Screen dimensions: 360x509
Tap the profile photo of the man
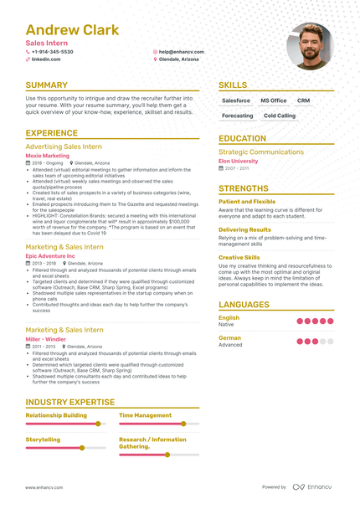pos(309,45)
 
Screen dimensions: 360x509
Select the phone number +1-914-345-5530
pos(52,52)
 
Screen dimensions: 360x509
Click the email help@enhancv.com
pos(181,52)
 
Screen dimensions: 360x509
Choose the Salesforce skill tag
pos(236,100)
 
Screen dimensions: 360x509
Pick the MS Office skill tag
pos(273,100)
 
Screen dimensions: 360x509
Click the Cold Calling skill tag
pos(280,116)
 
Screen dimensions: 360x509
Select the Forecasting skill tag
pos(237,116)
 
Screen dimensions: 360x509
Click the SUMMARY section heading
pos(47,85)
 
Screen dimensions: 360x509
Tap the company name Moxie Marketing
pos(48,155)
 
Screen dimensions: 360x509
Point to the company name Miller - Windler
pos(46,339)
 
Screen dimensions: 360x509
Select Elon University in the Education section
pos(239,161)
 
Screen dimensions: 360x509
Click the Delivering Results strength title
pos(244,229)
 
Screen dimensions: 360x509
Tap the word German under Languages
pos(229,338)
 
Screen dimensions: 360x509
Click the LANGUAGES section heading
pos(244,305)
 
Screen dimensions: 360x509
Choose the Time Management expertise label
pos(145,415)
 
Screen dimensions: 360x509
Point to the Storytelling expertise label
pos(43,439)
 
